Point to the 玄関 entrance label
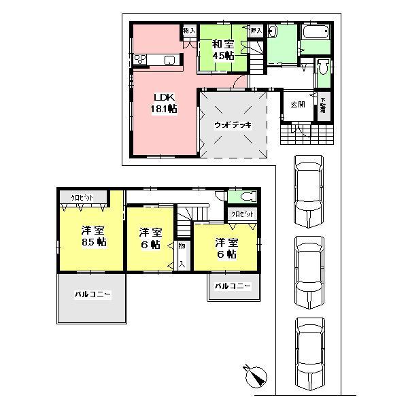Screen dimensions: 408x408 pos(298,105)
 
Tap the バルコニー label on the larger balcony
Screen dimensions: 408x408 pos(92,295)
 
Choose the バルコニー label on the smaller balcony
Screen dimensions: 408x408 pos(233,287)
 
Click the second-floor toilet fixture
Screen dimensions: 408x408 pos(247,197)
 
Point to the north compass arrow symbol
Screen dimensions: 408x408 pos(256,375)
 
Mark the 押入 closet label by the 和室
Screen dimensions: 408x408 pos(256,31)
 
